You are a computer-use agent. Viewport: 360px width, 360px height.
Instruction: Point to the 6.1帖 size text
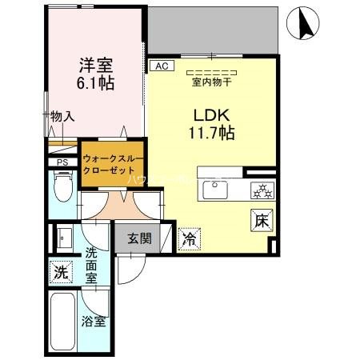tap(94, 82)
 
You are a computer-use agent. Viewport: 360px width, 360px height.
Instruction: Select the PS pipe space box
tap(62, 162)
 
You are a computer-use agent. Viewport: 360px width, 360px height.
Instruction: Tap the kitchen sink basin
tap(216, 190)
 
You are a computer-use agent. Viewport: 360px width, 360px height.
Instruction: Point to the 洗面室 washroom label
tap(91, 266)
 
